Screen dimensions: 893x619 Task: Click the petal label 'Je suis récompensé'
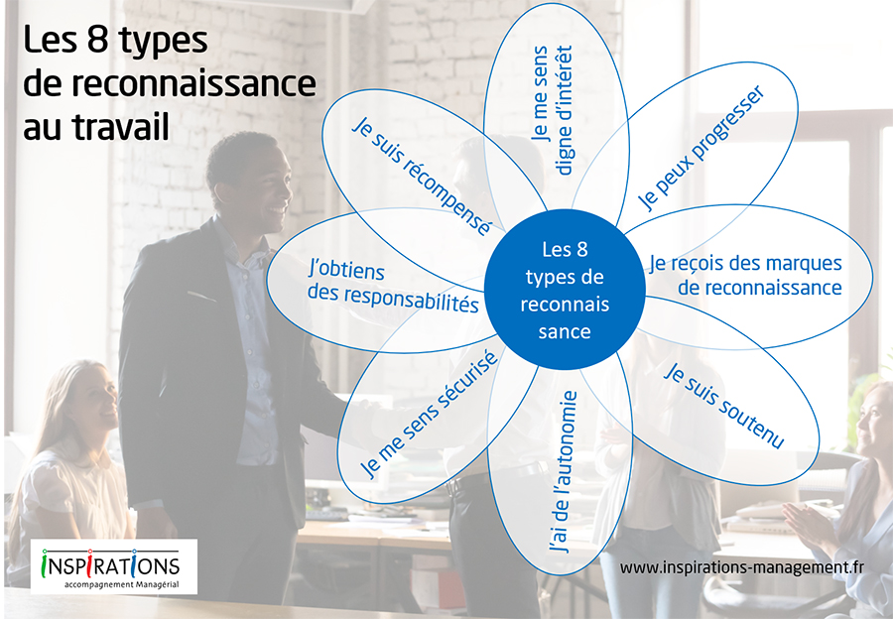(421, 176)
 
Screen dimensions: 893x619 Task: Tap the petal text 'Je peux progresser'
(701, 148)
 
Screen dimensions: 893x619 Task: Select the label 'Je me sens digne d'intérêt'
(551, 110)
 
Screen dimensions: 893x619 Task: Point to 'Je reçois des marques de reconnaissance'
(746, 275)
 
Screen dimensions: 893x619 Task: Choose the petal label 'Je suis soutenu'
(724, 405)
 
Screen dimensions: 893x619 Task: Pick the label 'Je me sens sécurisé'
(430, 414)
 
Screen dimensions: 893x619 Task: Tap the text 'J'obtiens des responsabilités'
(393, 287)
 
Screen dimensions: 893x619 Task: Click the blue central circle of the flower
(565, 290)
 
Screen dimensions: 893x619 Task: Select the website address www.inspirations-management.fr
(741, 567)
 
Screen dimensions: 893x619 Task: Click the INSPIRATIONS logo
(111, 563)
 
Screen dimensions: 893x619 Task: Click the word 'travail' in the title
(121, 126)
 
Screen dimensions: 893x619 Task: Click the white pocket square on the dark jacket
(201, 297)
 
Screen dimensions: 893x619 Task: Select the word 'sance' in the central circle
(565, 331)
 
